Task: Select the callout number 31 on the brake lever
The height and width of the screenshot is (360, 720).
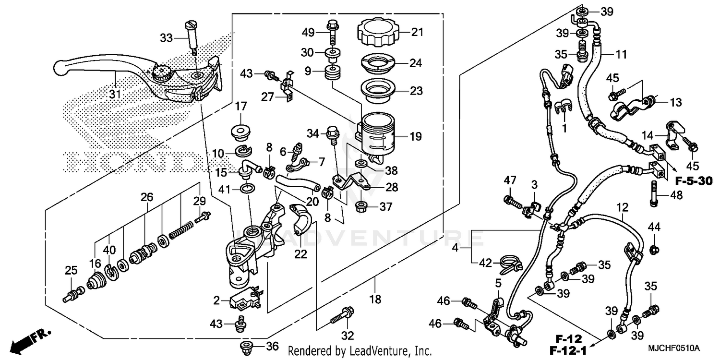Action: coord(114,95)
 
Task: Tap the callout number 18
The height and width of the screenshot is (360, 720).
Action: coord(375,300)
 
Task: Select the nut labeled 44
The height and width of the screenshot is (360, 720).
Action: coord(654,249)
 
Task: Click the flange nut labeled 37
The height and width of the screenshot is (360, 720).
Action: coord(361,207)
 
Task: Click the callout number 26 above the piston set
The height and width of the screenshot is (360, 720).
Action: coord(146,196)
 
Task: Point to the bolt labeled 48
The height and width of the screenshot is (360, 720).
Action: coord(654,193)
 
